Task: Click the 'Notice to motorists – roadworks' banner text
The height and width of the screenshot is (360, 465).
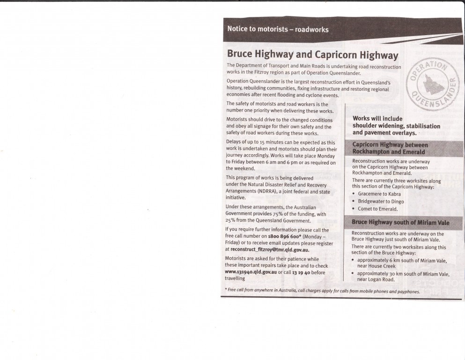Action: tap(278, 29)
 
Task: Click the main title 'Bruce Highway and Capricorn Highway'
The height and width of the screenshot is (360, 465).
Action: tap(312, 55)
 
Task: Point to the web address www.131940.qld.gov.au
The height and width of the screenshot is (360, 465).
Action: tap(251, 272)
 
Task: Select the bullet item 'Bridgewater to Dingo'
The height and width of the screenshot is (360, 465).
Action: tap(381, 201)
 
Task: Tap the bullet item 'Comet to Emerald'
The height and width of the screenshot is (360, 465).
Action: tap(378, 209)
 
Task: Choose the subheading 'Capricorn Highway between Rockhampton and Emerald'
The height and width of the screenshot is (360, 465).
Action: tap(390, 148)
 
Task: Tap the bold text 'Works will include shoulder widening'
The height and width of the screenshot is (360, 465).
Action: tap(396, 126)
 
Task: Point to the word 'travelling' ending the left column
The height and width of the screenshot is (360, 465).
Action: tap(235, 278)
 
